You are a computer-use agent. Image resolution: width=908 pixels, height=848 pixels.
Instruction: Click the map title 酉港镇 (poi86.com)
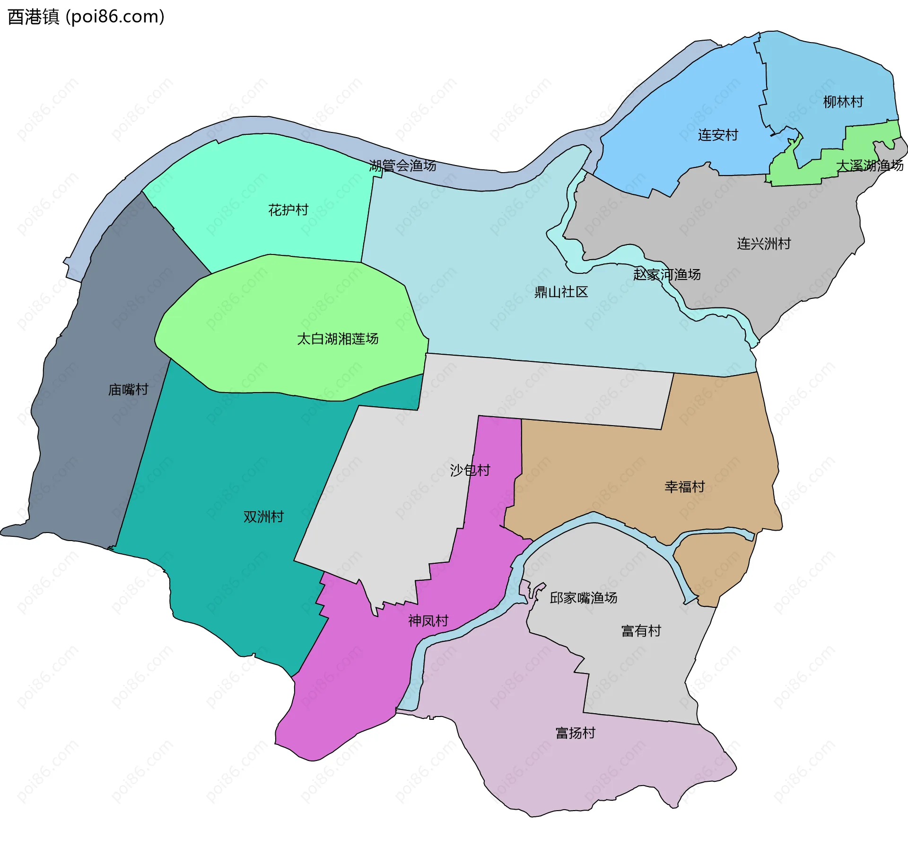pyautogui.click(x=86, y=17)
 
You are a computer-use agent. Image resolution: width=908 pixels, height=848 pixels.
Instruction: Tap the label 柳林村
pyautogui.click(x=843, y=102)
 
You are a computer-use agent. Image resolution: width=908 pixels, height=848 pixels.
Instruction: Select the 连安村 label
pyautogui.click(x=718, y=135)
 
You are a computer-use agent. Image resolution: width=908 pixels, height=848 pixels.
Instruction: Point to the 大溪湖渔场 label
pyautogui.click(x=869, y=166)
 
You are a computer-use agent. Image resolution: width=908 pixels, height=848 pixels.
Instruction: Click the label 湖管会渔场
pyautogui.click(x=402, y=166)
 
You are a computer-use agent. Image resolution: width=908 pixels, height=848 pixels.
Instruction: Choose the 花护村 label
pyautogui.click(x=288, y=210)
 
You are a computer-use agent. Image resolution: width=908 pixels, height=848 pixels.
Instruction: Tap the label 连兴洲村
pyautogui.click(x=764, y=244)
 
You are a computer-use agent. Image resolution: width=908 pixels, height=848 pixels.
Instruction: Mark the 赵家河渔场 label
pyautogui.click(x=667, y=274)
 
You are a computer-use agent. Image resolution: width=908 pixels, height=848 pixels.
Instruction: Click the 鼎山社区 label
pyautogui.click(x=561, y=292)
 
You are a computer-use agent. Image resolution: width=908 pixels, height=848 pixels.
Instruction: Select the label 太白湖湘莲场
pyautogui.click(x=338, y=339)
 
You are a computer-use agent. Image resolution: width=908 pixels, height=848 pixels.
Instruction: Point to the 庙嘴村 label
pyautogui.click(x=128, y=389)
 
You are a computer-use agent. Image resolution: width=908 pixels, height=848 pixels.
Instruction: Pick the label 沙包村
pyautogui.click(x=470, y=470)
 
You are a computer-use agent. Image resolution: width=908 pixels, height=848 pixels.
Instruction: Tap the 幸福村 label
pyautogui.click(x=684, y=487)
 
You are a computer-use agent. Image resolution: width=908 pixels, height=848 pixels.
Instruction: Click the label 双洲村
pyautogui.click(x=263, y=516)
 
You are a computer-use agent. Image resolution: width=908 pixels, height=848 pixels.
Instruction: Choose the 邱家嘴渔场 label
pyautogui.click(x=583, y=598)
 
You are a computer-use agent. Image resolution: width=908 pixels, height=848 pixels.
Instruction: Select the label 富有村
pyautogui.click(x=641, y=631)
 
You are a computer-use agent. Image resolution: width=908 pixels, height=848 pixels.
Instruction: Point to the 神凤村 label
pyautogui.click(x=428, y=621)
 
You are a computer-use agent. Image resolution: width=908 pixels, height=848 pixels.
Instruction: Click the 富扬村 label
pyautogui.click(x=575, y=733)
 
